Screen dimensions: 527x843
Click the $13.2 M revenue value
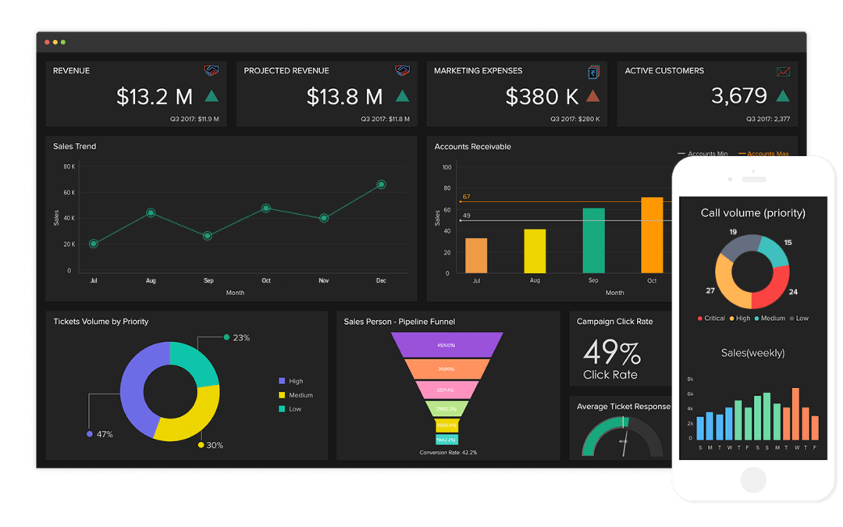[x=155, y=96]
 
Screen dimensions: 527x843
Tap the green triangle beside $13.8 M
[x=402, y=96]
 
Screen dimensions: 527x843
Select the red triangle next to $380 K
[x=592, y=96]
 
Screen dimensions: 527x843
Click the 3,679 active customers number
[x=739, y=96]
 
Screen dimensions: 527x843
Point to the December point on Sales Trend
[x=381, y=184]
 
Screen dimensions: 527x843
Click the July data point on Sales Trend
[x=94, y=244]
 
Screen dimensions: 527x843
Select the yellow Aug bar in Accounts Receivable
[x=535, y=251]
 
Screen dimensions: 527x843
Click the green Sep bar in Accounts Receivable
[x=593, y=240]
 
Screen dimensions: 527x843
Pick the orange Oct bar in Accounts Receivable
[x=652, y=235]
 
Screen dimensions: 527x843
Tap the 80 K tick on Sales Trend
[x=69, y=166]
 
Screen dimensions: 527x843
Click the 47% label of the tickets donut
[x=105, y=434]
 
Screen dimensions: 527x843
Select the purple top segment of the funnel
[x=446, y=344]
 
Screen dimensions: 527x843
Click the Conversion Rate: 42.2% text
[x=448, y=453]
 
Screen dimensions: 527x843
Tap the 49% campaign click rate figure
[x=612, y=352]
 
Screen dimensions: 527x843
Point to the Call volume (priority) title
[x=752, y=213]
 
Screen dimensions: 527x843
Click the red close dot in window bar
[x=47, y=41]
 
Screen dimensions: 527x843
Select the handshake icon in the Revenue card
[x=212, y=71]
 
